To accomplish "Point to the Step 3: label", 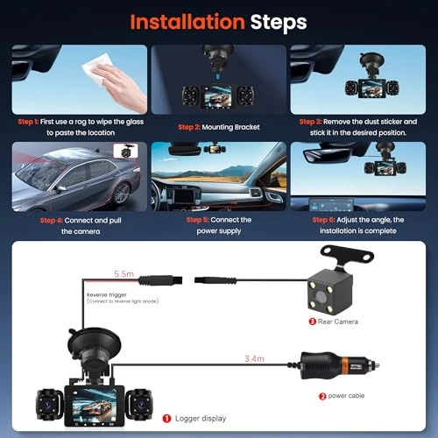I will [x=311, y=122].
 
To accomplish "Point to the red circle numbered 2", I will [x=322, y=396].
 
